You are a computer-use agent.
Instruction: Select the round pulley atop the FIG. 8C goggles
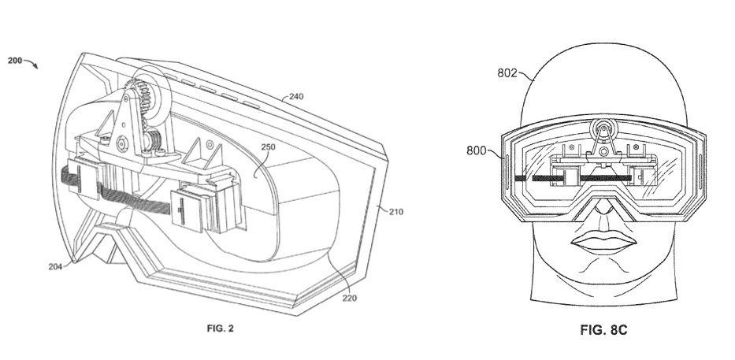point(604,131)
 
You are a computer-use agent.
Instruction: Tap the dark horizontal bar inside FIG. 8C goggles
point(551,178)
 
